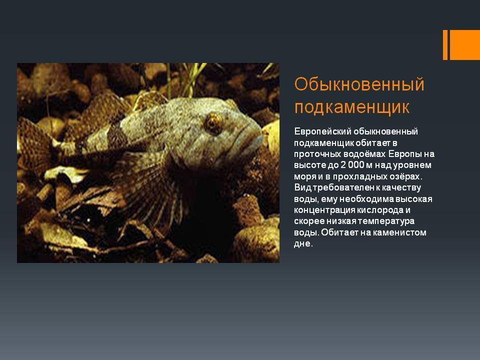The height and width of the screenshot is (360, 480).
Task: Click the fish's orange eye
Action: [x=213, y=123]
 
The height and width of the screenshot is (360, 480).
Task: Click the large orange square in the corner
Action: [x=464, y=45]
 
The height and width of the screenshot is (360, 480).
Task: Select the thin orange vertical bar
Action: [x=445, y=45]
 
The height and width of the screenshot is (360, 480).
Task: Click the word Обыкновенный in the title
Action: [x=359, y=85]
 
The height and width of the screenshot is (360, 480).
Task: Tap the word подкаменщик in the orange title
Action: [x=351, y=107]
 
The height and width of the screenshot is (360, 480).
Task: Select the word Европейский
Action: [x=322, y=131]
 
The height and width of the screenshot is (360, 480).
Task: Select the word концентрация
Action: [x=324, y=210]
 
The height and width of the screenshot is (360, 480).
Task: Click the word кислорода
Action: [x=380, y=210]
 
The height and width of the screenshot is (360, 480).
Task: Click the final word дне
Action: [x=303, y=243]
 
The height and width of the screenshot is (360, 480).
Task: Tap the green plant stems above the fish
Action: [x=190, y=78]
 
